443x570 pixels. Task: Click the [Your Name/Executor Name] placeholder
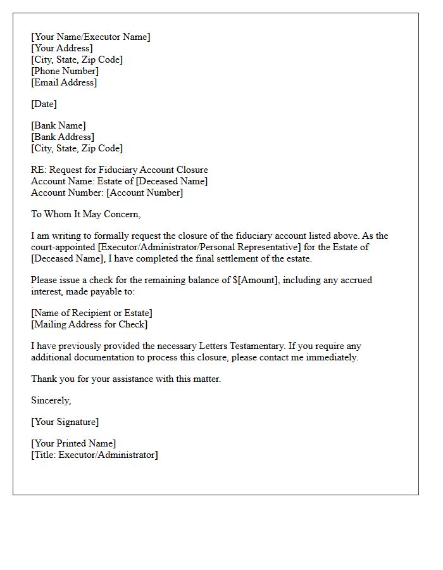(90, 37)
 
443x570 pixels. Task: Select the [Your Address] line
(62, 48)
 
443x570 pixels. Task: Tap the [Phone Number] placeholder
(65, 71)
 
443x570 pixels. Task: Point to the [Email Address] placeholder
(64, 82)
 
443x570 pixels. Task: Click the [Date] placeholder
(44, 104)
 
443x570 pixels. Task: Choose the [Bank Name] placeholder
(58, 125)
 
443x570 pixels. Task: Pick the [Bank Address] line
(63, 137)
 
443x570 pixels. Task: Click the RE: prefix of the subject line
(39, 170)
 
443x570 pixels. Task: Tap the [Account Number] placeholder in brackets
(144, 193)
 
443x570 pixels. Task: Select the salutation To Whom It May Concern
(85, 214)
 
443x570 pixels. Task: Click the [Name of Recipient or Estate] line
(92, 313)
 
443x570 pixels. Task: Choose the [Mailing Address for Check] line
(89, 324)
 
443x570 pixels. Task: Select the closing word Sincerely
(51, 400)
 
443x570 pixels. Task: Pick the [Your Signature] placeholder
(65, 422)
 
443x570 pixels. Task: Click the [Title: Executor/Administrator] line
(94, 455)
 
